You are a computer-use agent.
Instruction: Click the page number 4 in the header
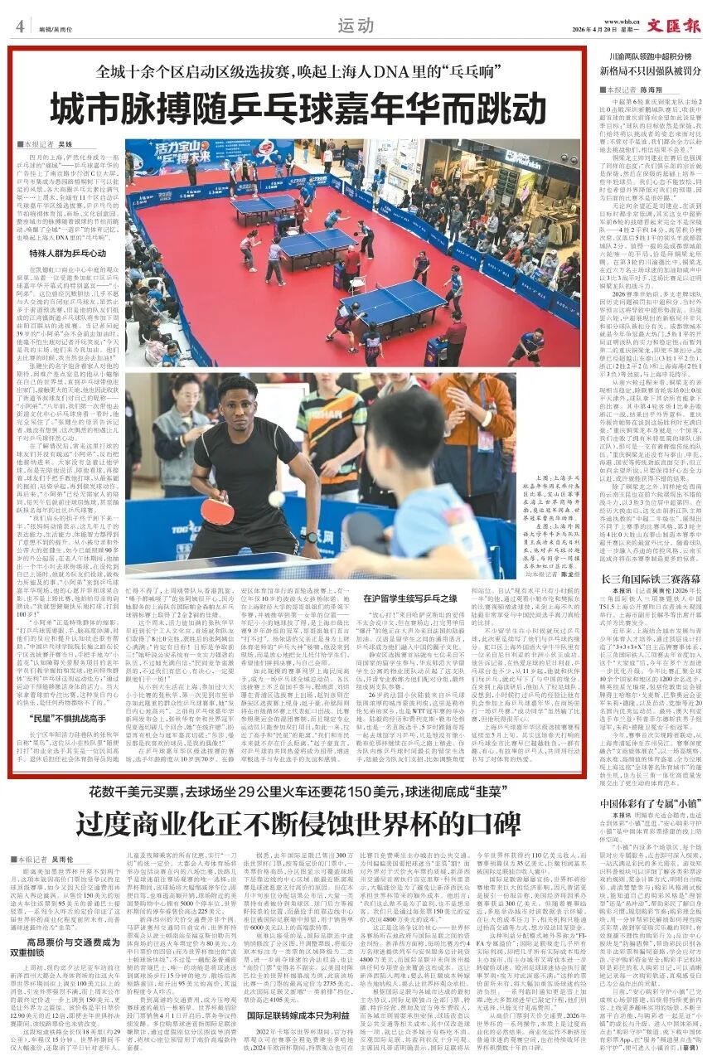tap(18, 26)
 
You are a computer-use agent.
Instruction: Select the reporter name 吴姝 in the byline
tap(65, 145)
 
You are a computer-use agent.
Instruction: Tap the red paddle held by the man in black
tap(217, 511)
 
